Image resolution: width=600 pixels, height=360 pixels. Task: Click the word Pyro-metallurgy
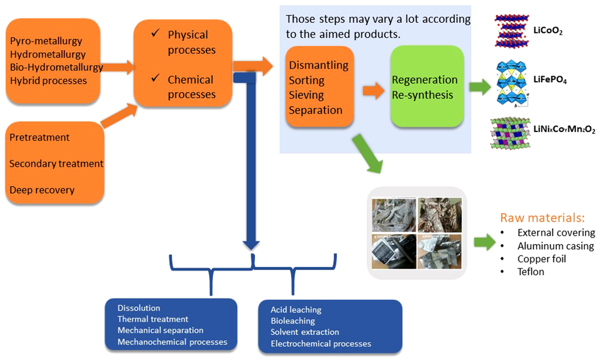tap(46, 41)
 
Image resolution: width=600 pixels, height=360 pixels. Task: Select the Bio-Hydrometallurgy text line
tap(56, 67)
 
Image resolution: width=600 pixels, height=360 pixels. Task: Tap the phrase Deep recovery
tap(42, 190)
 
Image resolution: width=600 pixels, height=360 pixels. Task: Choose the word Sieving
tap(307, 95)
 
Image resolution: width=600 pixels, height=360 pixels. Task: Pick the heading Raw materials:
tap(542, 217)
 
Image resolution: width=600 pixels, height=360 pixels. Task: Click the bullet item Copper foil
tap(542, 259)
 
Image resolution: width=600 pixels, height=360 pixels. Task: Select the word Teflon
tap(531, 272)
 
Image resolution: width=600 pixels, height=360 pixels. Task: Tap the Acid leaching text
tap(296, 310)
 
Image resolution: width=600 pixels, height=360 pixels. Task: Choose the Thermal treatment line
tap(153, 319)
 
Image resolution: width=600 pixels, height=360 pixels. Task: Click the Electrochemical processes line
tap(321, 344)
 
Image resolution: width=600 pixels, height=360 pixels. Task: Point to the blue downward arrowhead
tap(251, 243)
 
